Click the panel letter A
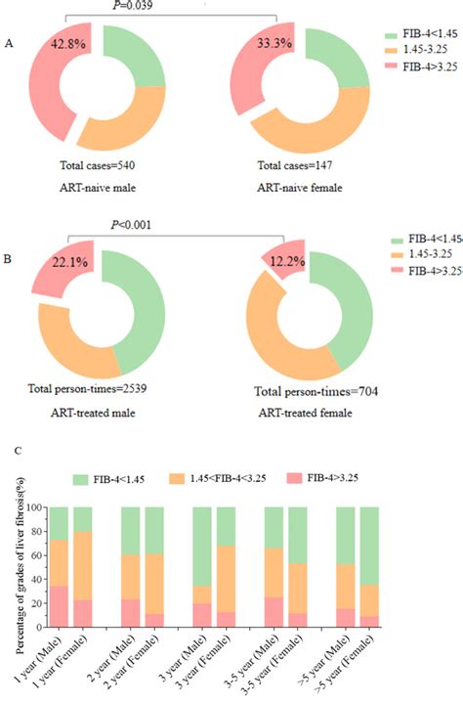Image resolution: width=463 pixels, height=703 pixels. [10, 45]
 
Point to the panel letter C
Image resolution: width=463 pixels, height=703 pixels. [10, 451]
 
